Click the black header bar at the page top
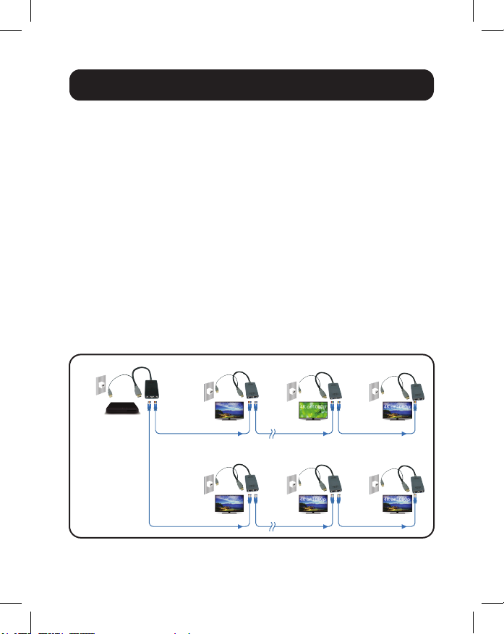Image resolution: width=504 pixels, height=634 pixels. coord(251,85)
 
